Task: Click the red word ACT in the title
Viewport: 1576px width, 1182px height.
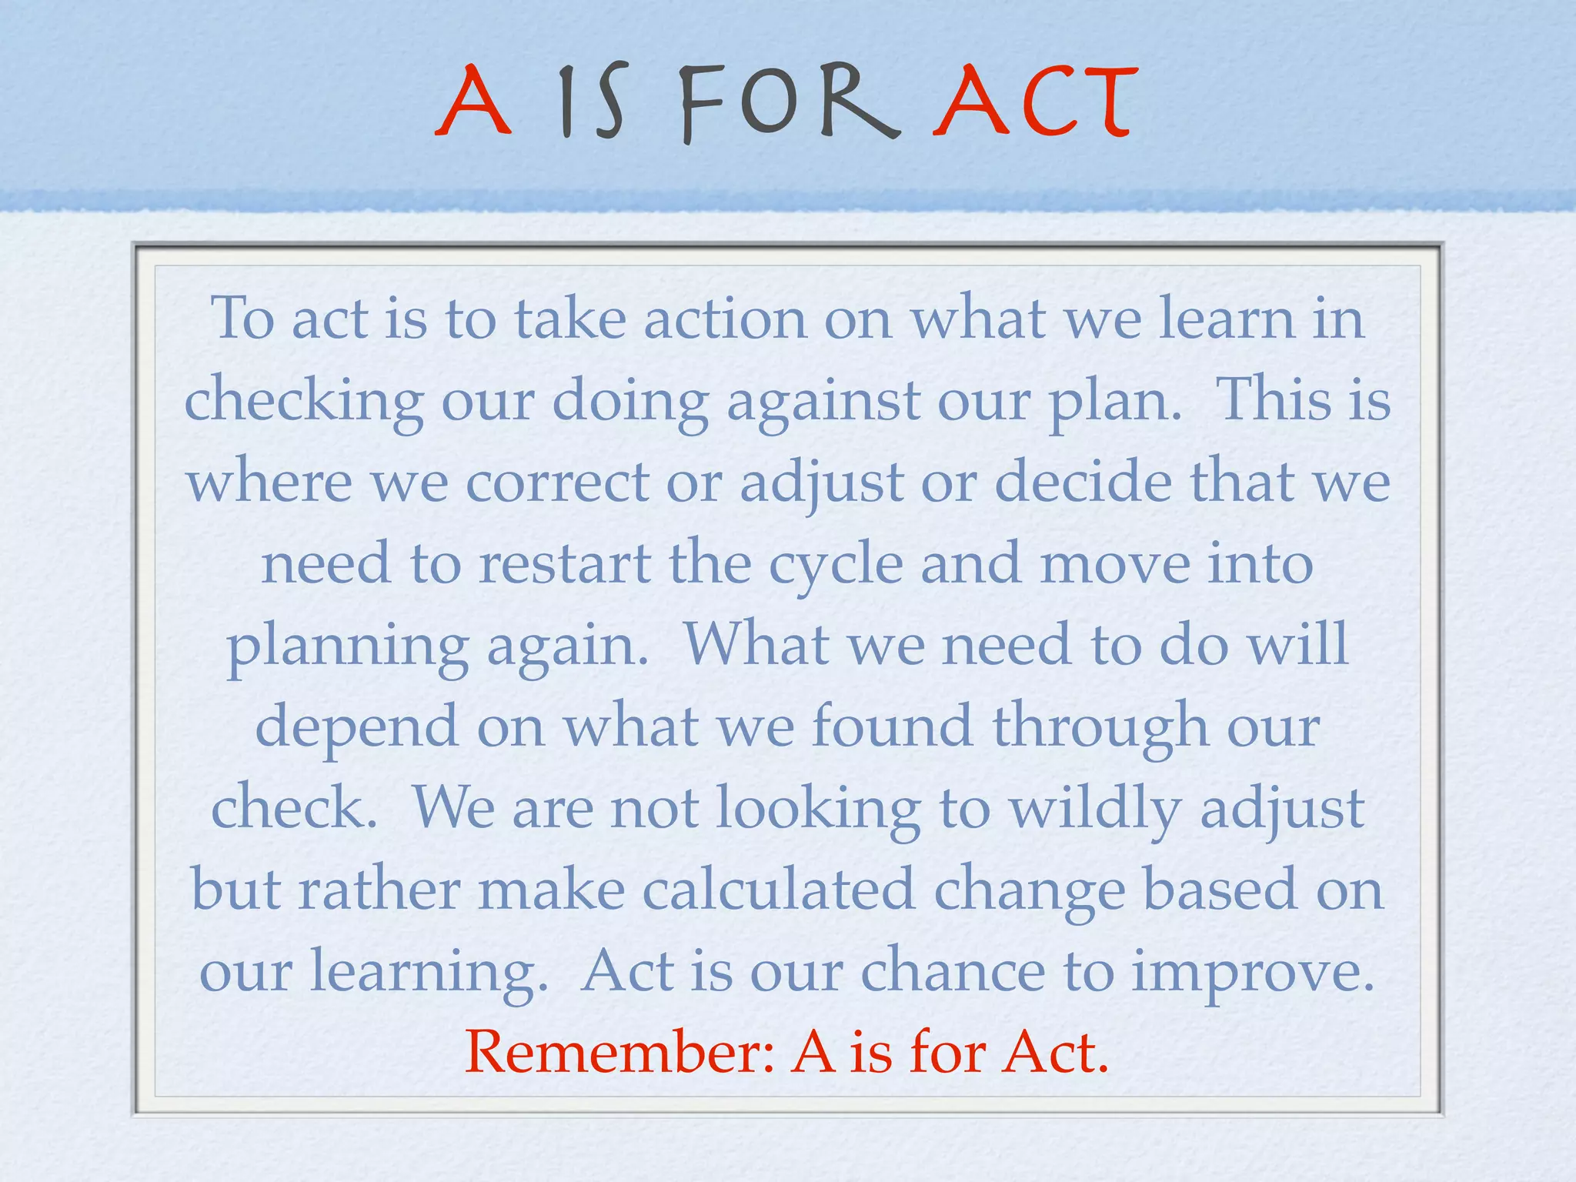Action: pyautogui.click(x=1034, y=102)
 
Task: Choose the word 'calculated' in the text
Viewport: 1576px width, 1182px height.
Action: pyautogui.click(x=778, y=890)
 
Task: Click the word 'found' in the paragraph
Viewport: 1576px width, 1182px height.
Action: pyautogui.click(x=893, y=726)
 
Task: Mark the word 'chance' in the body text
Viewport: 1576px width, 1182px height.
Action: pyautogui.click(x=953, y=971)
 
